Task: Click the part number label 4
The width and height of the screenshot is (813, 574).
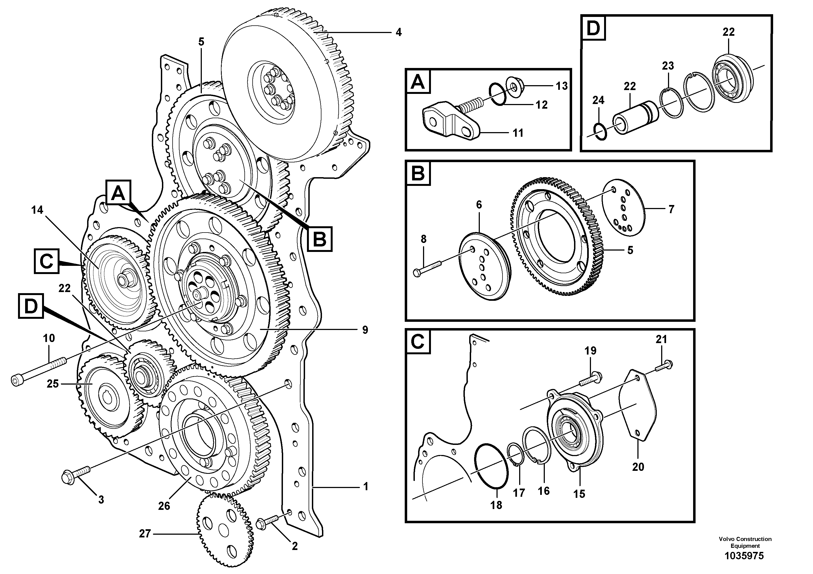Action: point(399,32)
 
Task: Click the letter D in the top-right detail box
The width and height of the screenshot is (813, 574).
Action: point(593,28)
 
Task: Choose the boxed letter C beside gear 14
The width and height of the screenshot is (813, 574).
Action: point(46,261)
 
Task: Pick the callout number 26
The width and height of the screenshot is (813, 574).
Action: point(164,506)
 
